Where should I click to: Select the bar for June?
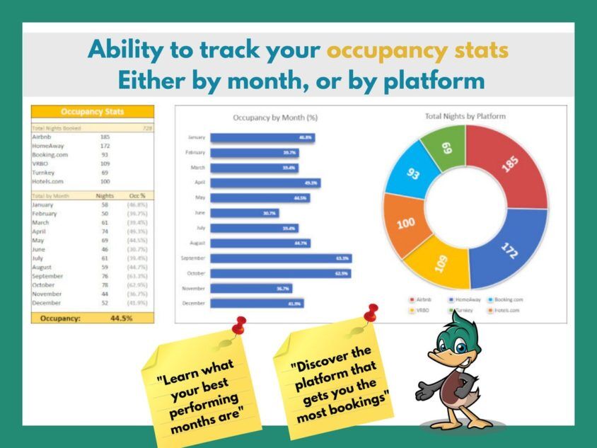pos(244,213)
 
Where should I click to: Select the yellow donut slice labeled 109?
pos(441,264)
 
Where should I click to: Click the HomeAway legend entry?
pos(468,299)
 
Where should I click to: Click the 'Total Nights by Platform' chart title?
pos(465,116)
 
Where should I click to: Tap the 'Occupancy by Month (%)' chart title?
pos(275,117)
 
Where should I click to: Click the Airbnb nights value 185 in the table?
pos(105,137)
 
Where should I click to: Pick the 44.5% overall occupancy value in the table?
pos(122,318)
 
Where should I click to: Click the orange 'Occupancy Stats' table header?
pos(92,112)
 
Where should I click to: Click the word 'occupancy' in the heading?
pos(417,50)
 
